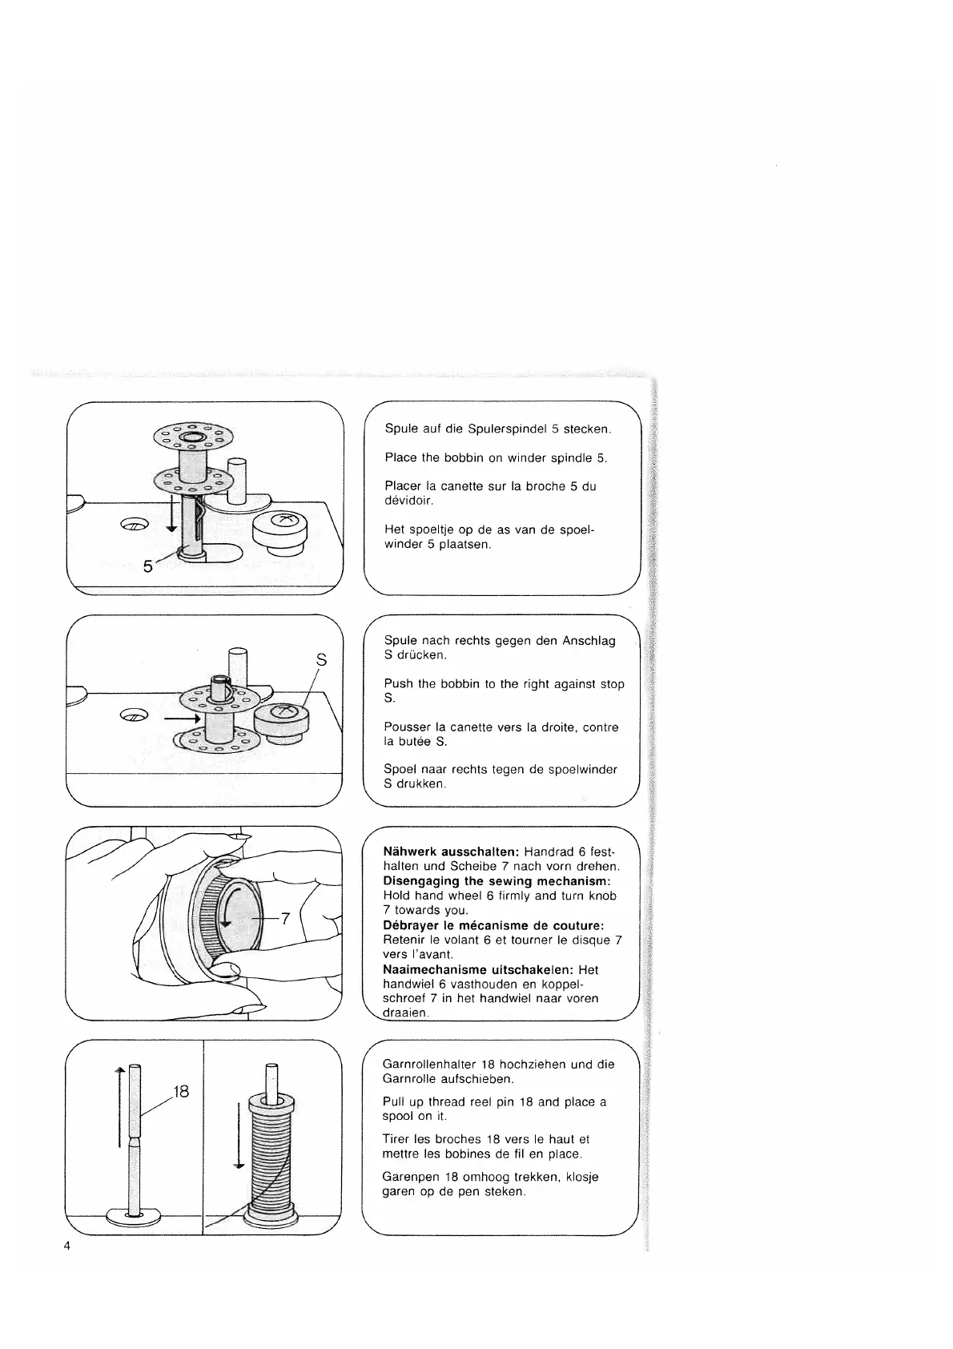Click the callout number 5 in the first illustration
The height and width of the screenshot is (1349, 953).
coord(147,566)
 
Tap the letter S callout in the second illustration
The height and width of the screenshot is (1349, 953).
coord(322,661)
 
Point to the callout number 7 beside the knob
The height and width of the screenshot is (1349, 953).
coord(284,919)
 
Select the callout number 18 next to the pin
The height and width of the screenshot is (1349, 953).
coord(181,1091)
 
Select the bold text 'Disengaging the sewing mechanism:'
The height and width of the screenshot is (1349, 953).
coord(497,881)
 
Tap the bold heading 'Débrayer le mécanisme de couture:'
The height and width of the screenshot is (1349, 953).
coord(493,925)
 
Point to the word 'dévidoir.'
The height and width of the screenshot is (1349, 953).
coord(408,501)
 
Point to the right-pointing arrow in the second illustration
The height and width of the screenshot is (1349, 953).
coord(180,719)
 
